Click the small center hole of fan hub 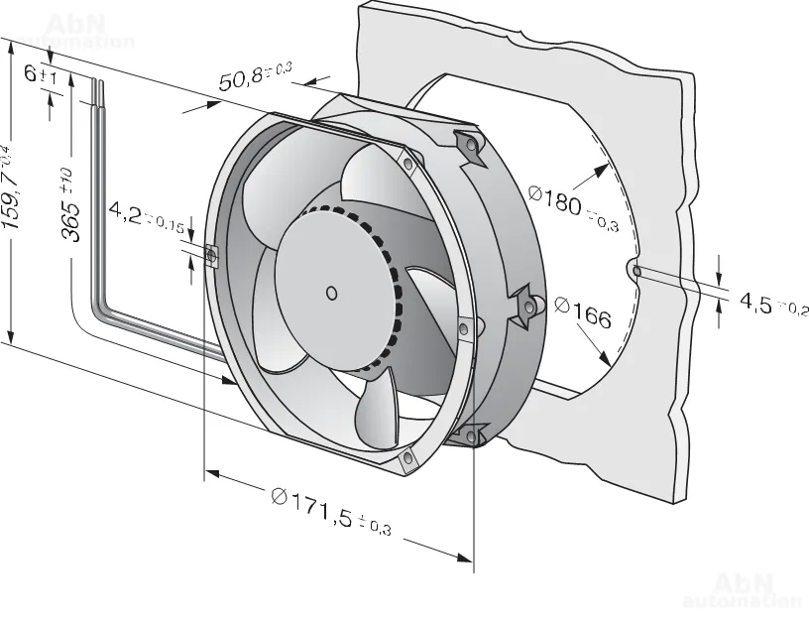click(x=330, y=292)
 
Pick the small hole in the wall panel click(x=636, y=270)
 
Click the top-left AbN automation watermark click(x=75, y=30)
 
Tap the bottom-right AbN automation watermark click(x=742, y=589)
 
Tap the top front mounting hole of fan click(x=407, y=162)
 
